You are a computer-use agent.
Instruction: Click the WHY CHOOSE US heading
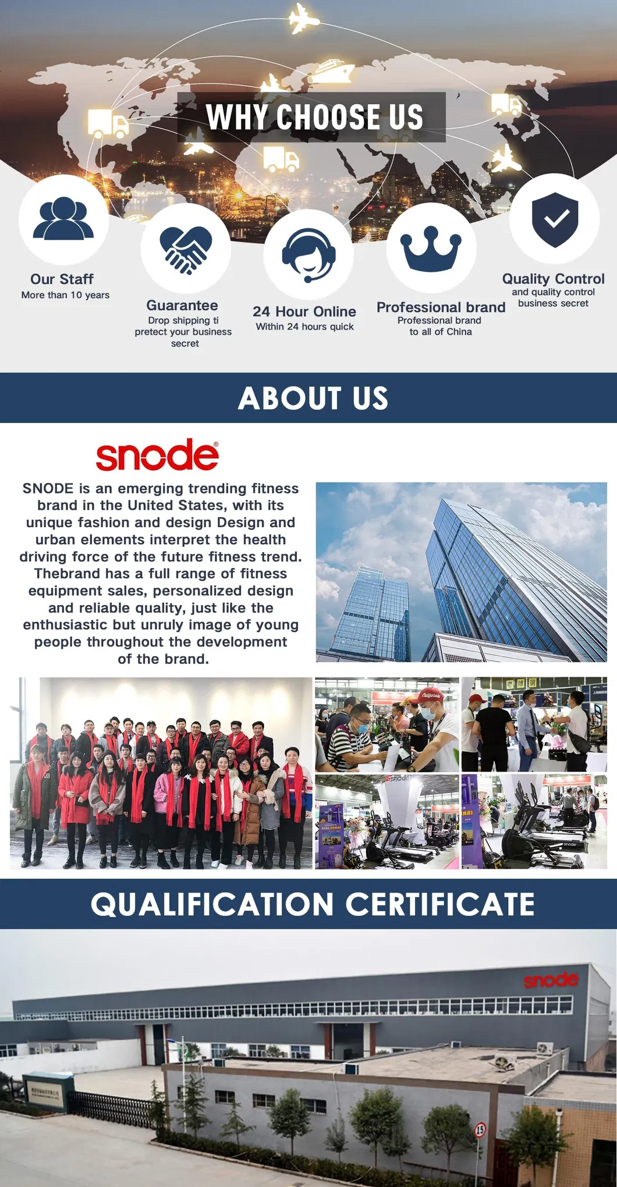point(314,117)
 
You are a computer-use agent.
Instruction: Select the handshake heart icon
point(185,250)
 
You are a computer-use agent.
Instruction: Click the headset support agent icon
point(308,254)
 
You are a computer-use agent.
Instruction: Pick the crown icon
point(431,248)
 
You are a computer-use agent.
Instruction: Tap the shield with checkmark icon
point(555,219)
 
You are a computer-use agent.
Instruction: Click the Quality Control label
point(553,279)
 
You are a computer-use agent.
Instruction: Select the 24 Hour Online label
point(304,311)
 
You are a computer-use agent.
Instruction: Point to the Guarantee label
point(182,305)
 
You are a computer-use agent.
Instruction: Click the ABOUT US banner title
point(313,399)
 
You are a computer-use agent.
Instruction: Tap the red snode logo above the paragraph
point(157,455)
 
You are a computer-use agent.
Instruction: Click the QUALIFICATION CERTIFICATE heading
point(313,904)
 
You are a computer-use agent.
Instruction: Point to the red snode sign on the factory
point(551,980)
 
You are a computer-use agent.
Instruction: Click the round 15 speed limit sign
point(480,1130)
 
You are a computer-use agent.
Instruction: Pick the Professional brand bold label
point(441,307)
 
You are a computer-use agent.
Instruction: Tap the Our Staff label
point(62,279)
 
